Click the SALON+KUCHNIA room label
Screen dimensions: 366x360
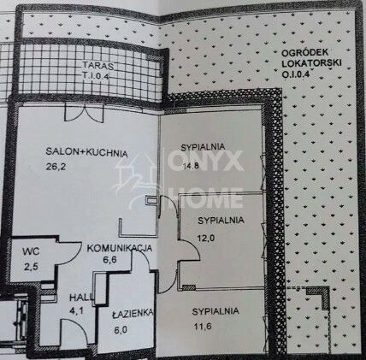coord(86,152)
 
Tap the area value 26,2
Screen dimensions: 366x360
coord(56,167)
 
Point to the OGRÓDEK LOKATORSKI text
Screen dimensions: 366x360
coord(311,58)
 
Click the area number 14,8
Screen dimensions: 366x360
coord(191,166)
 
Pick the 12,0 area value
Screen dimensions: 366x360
coord(206,238)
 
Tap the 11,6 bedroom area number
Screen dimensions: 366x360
coord(203,326)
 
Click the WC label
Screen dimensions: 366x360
coord(31,251)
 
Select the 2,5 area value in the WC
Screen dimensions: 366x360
coord(32,267)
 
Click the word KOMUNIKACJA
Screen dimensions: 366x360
coord(120,248)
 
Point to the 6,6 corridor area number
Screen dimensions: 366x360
coord(109,260)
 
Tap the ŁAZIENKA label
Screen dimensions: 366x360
coord(133,314)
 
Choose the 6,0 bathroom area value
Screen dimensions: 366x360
coord(120,330)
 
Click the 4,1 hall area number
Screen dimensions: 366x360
coord(76,310)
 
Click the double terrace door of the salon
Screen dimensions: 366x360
coord(84,113)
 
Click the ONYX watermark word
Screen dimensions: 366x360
coord(205,161)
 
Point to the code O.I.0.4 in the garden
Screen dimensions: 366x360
coord(296,74)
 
